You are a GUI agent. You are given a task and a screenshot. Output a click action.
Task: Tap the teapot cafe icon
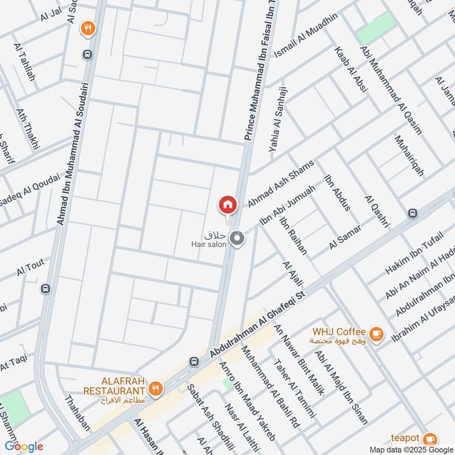coord(431,439)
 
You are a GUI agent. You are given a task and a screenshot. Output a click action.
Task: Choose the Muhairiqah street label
coord(409,155)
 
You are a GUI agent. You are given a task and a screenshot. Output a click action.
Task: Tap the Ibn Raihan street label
coord(293,235)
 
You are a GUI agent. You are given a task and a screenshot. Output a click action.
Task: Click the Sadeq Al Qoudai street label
coord(30,189)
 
